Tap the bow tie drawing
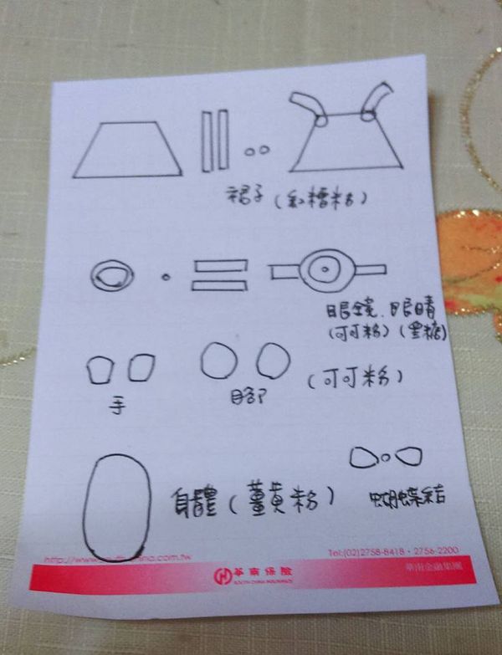tap(385, 457)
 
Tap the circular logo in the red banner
tap(223, 575)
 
